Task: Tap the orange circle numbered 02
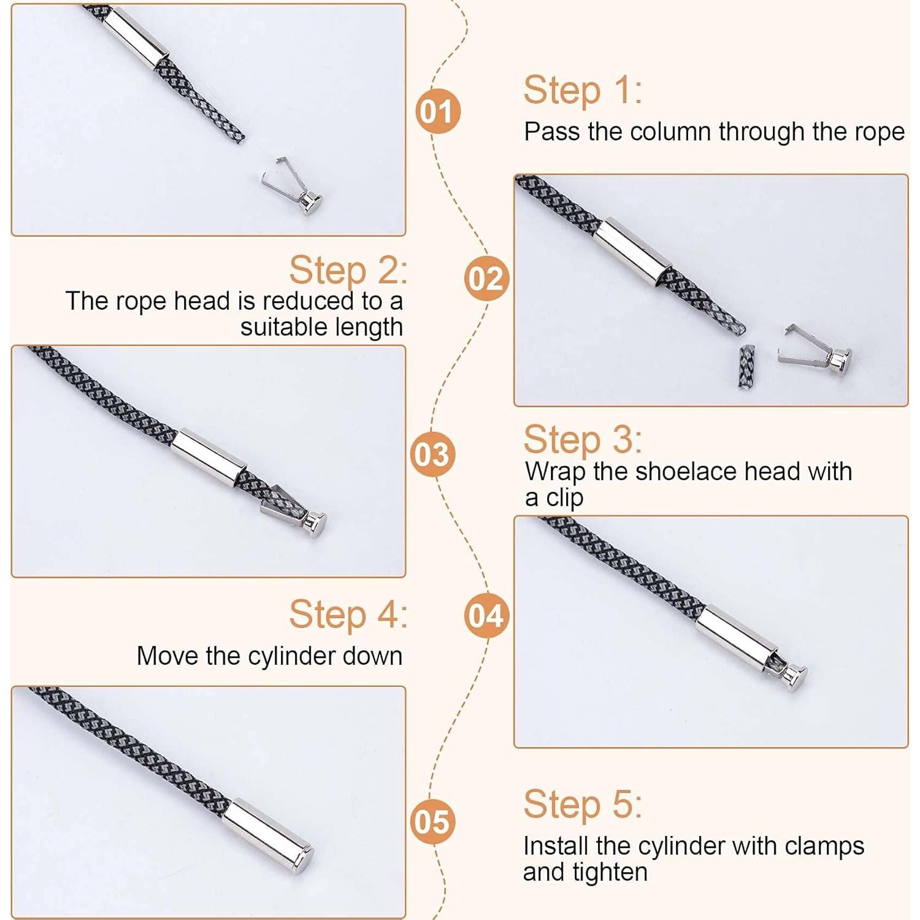coord(486,278)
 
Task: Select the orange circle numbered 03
coord(432,454)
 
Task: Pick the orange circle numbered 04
coord(486,616)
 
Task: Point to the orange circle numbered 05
coord(432,821)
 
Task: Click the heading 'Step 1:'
coord(583,90)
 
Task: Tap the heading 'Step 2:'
coord(348,270)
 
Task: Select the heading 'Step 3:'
coord(583,439)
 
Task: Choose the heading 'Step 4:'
coord(348,614)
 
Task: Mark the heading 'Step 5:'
coord(583,803)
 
